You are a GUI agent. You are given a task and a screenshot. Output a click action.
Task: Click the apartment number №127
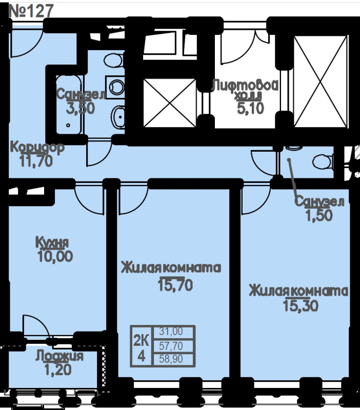pyautogui.click(x=31, y=11)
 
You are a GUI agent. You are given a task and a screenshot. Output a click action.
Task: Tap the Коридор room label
pyautogui.click(x=37, y=148)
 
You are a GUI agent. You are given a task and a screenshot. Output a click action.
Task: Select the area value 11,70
pyautogui.click(x=36, y=161)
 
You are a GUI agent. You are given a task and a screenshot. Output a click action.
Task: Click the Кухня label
pyautogui.click(x=52, y=242)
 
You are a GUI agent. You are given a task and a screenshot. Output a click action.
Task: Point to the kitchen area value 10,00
pyautogui.click(x=55, y=256)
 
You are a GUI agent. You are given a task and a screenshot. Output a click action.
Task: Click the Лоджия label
pyautogui.click(x=59, y=356)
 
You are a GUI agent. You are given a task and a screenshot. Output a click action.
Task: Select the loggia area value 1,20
pyautogui.click(x=58, y=370)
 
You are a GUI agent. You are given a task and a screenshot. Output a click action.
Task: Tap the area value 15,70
pyautogui.click(x=175, y=285)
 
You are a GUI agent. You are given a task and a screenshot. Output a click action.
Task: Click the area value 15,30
pyautogui.click(x=301, y=305)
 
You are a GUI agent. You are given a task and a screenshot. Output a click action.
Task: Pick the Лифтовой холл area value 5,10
pyautogui.click(x=251, y=108)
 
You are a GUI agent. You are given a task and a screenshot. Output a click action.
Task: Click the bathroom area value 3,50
pyautogui.click(x=81, y=108)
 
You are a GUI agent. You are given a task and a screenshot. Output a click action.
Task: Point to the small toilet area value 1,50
pyautogui.click(x=319, y=215)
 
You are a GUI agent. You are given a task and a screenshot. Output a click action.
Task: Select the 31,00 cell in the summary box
pyautogui.click(x=171, y=332)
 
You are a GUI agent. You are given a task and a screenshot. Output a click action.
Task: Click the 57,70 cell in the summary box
pyautogui.click(x=171, y=346)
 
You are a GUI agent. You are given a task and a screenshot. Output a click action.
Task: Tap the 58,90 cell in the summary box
pyautogui.click(x=171, y=359)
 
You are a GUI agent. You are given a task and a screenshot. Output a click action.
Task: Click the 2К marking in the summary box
pyautogui.click(x=141, y=341)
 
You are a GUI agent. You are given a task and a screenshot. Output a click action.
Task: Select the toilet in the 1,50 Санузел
pyautogui.click(x=323, y=162)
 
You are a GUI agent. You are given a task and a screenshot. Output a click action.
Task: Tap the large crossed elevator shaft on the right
pyautogui.click(x=321, y=82)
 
